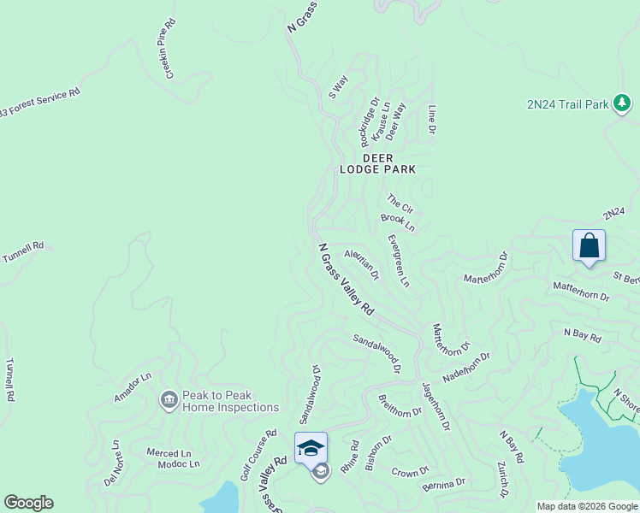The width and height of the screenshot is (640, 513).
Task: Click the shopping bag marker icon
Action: tap(589, 246)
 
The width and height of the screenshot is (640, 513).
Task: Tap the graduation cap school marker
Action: tap(310, 448)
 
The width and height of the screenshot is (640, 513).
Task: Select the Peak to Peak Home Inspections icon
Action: tap(169, 399)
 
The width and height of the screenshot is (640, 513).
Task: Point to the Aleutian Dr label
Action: tap(362, 264)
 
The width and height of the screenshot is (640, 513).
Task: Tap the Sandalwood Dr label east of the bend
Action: tap(377, 353)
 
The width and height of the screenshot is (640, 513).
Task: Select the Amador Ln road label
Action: tap(133, 387)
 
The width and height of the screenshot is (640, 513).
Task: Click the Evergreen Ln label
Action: tap(398, 261)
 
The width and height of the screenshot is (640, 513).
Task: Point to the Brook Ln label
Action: tap(398, 223)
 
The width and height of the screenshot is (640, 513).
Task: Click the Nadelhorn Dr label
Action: tap(466, 368)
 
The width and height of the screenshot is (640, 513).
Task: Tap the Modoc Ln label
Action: tap(179, 464)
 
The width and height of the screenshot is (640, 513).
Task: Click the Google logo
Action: tap(28, 503)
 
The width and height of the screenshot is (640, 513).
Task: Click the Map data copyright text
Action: tap(587, 506)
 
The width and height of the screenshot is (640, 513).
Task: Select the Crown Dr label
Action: tap(411, 473)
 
